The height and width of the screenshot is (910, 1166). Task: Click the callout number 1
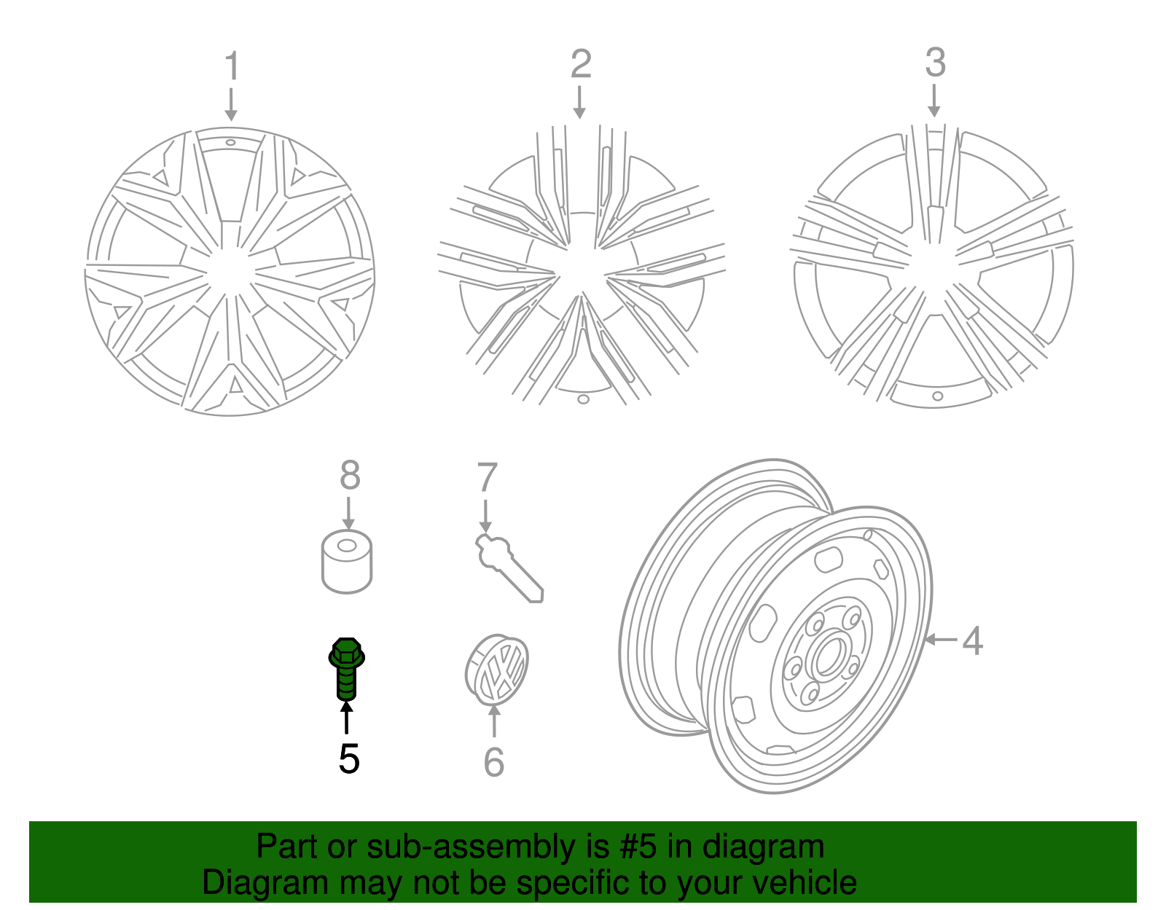(232, 67)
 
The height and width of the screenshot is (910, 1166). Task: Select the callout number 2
(580, 64)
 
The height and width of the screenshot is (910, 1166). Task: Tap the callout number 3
(935, 63)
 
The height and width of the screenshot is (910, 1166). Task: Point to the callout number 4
(972, 641)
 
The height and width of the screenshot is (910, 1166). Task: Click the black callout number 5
(349, 759)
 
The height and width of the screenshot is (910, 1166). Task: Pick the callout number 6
(494, 762)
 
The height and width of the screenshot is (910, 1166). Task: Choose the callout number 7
(487, 478)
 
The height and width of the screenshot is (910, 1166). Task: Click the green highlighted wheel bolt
(347, 667)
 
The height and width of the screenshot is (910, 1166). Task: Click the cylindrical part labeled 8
(347, 562)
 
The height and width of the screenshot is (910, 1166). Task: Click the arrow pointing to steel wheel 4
(941, 640)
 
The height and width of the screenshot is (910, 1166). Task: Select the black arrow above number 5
(347, 717)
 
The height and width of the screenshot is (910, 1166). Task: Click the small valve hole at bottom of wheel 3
(938, 396)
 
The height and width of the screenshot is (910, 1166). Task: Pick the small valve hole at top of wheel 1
(230, 143)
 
